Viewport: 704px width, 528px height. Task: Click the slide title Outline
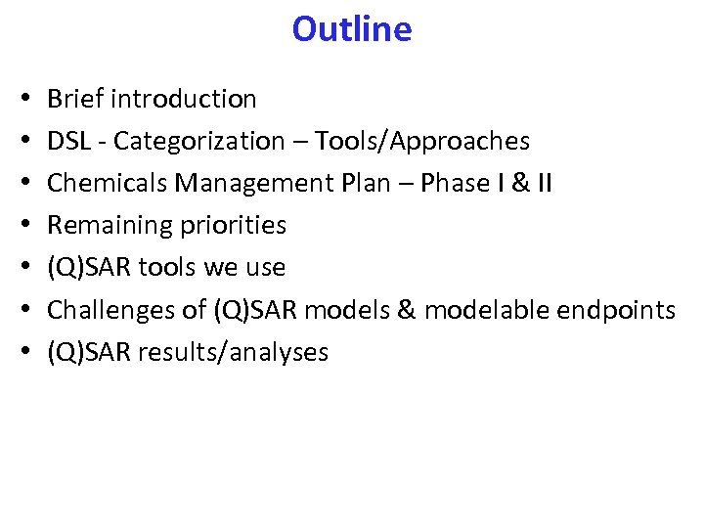[351, 29]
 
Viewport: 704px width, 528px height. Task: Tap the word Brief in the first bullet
[76, 99]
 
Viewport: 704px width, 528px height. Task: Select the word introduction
[184, 99]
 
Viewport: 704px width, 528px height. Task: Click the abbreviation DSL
[69, 141]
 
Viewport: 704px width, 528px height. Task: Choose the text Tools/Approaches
[421, 141]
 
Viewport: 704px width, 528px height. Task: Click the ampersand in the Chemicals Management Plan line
[519, 183]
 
